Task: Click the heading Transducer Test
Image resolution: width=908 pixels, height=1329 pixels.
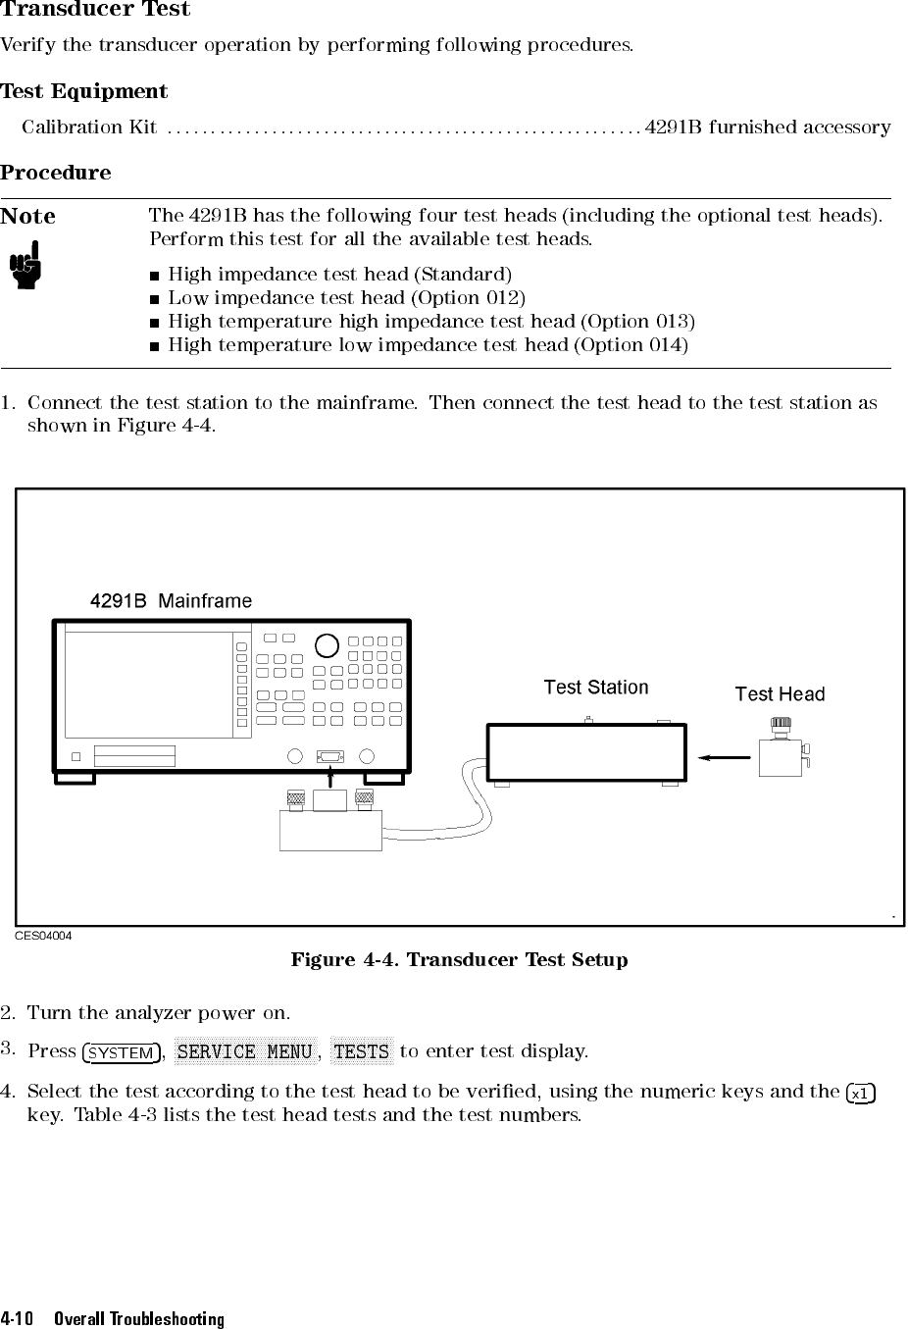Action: pyautogui.click(x=95, y=10)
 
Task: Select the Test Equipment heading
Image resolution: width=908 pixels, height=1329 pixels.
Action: pyautogui.click(x=84, y=92)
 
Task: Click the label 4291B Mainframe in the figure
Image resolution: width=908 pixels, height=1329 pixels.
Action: pyautogui.click(x=171, y=601)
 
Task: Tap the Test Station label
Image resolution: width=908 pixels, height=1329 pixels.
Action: pyautogui.click(x=596, y=688)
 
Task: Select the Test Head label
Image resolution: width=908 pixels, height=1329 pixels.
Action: pyautogui.click(x=780, y=694)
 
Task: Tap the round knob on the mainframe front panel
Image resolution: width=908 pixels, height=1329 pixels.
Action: pyautogui.click(x=327, y=645)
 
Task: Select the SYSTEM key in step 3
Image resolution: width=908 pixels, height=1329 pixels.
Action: pyautogui.click(x=122, y=1053)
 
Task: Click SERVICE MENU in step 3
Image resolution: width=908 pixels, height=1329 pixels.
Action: pyautogui.click(x=244, y=1052)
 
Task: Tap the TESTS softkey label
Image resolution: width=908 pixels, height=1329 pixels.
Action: pyautogui.click(x=362, y=1052)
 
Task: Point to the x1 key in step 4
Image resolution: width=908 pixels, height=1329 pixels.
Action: pyautogui.click(x=860, y=1094)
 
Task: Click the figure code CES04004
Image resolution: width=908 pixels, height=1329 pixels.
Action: pyautogui.click(x=43, y=936)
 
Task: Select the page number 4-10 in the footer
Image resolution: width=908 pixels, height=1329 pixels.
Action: pyautogui.click(x=19, y=1319)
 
